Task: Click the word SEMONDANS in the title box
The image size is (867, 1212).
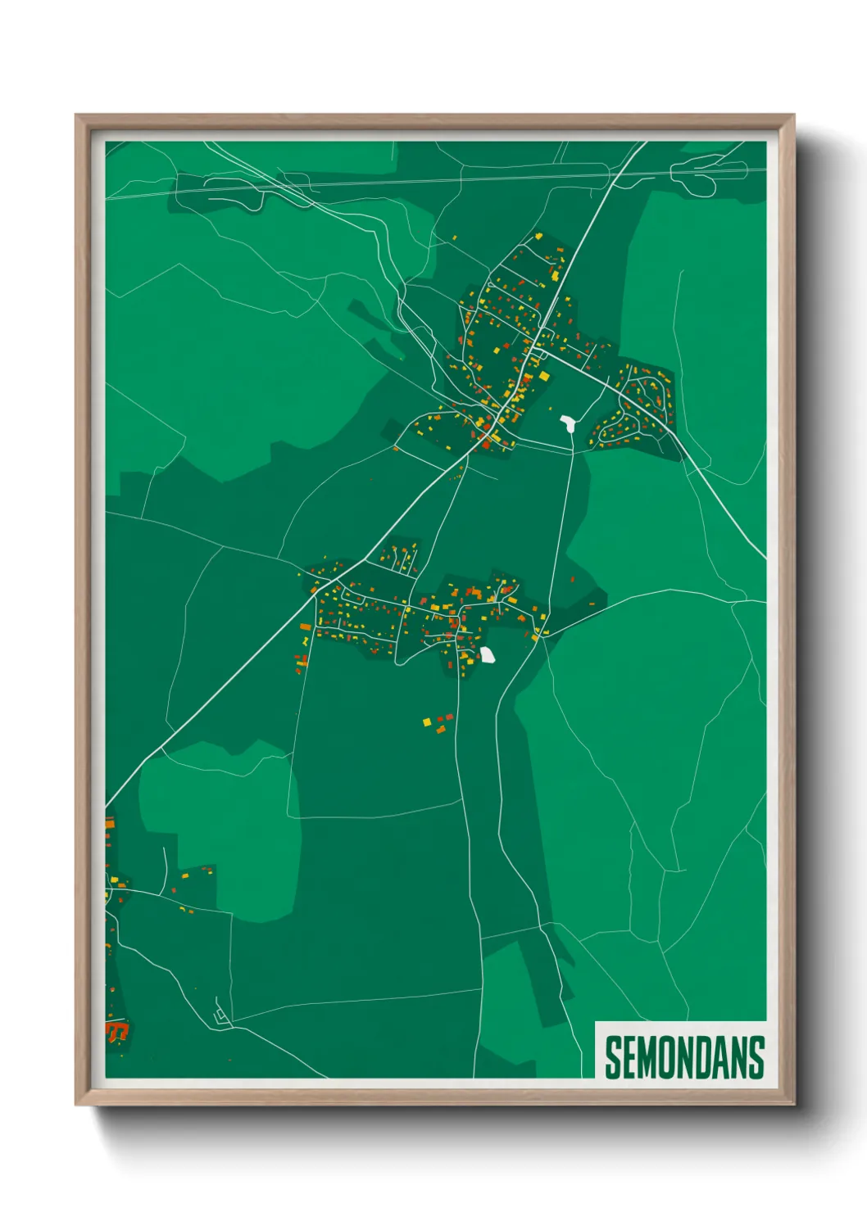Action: [x=684, y=1057]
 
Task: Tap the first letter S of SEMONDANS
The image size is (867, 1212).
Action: [x=614, y=1057]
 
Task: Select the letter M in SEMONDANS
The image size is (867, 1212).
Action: [x=649, y=1057]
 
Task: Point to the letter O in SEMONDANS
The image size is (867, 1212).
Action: [x=670, y=1057]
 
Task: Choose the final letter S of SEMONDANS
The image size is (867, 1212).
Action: [x=756, y=1057]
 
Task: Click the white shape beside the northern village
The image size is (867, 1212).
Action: [x=566, y=423]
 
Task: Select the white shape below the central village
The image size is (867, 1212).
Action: [x=487, y=654]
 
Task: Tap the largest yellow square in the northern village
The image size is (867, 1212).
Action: [x=543, y=376]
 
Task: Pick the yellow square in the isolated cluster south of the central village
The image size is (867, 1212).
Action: [x=426, y=721]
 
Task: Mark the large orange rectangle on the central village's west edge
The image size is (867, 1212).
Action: [x=306, y=627]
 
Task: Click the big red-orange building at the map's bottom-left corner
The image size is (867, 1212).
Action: [x=117, y=1029]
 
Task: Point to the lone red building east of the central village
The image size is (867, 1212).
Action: [x=592, y=604]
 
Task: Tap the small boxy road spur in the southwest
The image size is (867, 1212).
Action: [x=220, y=1015]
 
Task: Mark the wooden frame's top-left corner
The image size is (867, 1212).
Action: [x=77, y=116]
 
